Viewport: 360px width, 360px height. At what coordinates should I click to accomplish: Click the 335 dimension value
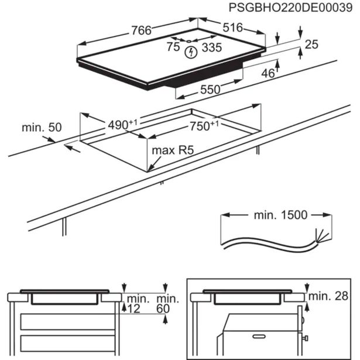(x=211, y=47)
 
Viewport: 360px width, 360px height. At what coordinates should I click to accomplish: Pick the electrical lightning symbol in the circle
(x=190, y=54)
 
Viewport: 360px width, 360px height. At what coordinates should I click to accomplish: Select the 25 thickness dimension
(x=311, y=45)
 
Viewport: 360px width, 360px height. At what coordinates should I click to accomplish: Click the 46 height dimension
(x=268, y=73)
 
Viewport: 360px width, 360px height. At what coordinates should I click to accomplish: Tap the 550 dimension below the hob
(x=210, y=90)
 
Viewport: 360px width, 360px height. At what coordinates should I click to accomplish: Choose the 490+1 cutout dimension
(x=122, y=125)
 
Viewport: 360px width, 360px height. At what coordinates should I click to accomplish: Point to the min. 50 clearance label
(x=42, y=127)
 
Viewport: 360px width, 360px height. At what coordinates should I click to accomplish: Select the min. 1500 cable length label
(x=280, y=215)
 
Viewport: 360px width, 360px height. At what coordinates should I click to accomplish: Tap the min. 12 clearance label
(x=136, y=303)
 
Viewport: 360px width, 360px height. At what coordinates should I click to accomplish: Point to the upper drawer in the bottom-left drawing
(x=64, y=321)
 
